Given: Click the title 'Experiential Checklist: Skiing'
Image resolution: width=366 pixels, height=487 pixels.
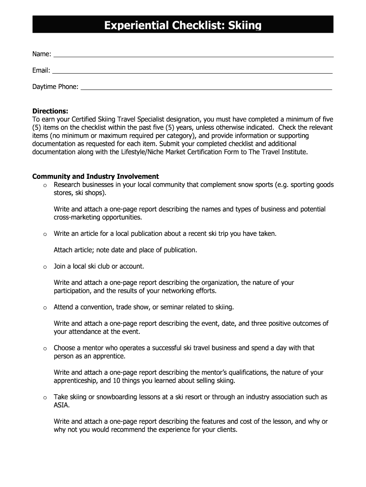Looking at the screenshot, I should click(x=183, y=25).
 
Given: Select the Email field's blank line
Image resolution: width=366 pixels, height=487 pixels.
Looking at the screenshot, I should click(x=192, y=72).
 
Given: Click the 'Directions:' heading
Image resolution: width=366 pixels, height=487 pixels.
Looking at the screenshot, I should click(x=50, y=111).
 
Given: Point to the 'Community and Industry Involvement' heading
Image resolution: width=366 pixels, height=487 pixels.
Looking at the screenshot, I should click(x=95, y=176).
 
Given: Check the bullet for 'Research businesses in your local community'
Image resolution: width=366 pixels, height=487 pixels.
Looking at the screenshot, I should click(x=44, y=185).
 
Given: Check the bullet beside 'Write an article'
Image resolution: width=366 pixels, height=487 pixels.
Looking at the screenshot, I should click(x=44, y=234).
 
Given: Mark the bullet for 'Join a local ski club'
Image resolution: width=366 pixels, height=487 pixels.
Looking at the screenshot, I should click(x=44, y=267).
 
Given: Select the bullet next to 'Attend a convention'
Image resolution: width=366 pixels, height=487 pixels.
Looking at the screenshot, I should click(x=44, y=308).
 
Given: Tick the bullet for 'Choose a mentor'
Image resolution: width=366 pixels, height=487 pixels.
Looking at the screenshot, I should click(x=44, y=349).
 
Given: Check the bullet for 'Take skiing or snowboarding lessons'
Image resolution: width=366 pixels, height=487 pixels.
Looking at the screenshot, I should click(x=44, y=398).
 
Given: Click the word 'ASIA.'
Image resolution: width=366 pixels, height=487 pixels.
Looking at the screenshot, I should click(x=62, y=405).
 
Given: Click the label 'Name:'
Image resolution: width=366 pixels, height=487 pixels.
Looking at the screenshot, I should click(x=42, y=54).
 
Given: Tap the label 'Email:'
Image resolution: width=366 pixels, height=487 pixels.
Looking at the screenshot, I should click(x=41, y=71).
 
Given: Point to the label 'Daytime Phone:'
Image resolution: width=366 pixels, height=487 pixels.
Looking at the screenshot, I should click(x=55, y=87).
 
